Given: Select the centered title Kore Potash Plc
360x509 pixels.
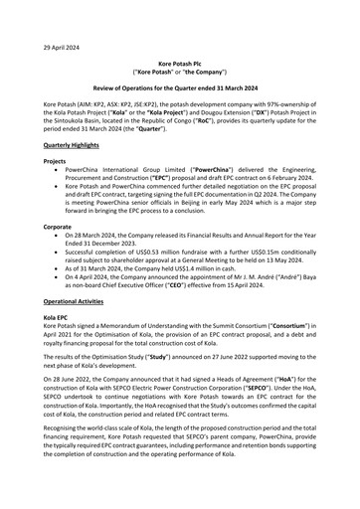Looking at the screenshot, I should point(180,62).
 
